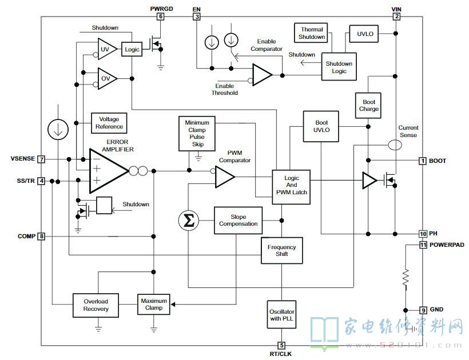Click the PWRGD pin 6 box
click(x=161, y=17)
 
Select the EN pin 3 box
click(x=197, y=17)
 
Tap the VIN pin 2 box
click(x=396, y=17)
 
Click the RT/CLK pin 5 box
click(x=281, y=345)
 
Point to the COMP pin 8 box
click(x=41, y=237)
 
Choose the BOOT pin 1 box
click(x=422, y=161)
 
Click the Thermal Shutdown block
click(x=311, y=33)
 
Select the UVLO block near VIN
click(x=365, y=34)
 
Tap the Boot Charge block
click(x=368, y=106)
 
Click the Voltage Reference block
click(x=109, y=123)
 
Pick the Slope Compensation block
click(x=238, y=221)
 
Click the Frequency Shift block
click(x=282, y=250)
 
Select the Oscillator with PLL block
click(x=281, y=315)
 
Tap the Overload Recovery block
click(x=96, y=305)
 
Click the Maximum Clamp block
click(x=154, y=305)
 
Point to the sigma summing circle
click(x=188, y=221)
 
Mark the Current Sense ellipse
click(x=395, y=145)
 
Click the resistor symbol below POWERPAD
click(x=406, y=278)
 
